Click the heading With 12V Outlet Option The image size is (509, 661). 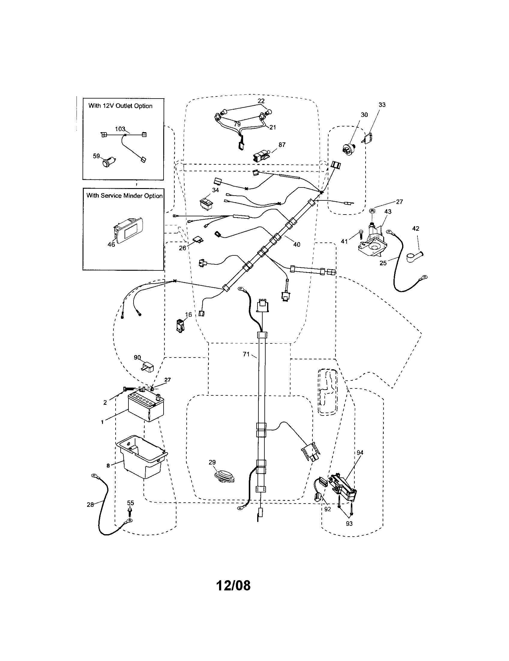pos(120,106)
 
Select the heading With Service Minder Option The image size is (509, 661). pos(124,196)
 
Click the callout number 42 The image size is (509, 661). pos(416,229)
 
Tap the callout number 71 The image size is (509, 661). pos(246,354)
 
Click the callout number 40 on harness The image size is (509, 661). pos(297,244)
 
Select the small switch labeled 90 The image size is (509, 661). pos(148,367)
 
